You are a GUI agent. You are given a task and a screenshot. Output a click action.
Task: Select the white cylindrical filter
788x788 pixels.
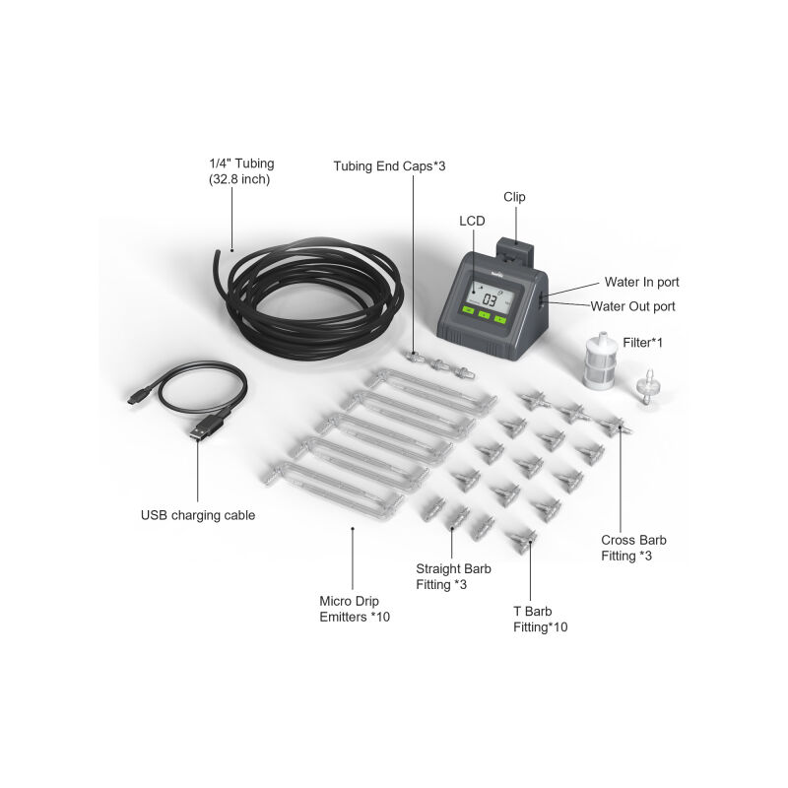(601, 361)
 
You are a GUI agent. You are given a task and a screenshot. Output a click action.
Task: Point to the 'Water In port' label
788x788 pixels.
(642, 282)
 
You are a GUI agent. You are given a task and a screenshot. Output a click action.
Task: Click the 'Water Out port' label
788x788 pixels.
(632, 306)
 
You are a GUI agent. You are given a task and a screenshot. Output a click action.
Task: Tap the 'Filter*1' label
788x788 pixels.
(643, 342)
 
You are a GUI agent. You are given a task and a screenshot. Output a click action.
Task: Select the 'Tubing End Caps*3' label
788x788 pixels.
(389, 165)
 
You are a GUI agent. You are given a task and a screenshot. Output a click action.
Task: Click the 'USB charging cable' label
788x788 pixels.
(198, 515)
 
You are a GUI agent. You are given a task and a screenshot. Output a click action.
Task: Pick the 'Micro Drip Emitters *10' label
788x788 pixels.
(355, 609)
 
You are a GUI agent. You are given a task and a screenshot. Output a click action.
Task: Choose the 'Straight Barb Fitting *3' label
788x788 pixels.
(453, 576)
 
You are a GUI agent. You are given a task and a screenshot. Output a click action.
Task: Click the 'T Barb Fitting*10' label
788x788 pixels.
(540, 620)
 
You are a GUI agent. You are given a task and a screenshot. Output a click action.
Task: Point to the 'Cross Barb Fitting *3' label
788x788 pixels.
(633, 548)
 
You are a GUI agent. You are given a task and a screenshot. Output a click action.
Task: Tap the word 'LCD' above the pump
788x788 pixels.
(472, 221)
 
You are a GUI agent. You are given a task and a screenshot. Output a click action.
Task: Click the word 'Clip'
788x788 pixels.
(514, 197)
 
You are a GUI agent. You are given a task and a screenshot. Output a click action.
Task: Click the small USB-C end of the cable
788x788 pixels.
(136, 398)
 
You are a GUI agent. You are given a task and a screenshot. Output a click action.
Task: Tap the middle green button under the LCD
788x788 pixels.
(484, 315)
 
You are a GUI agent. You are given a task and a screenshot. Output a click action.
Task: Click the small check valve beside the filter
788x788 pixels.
(648, 386)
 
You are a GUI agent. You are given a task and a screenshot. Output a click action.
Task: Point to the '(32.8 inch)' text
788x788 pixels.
(239, 179)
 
